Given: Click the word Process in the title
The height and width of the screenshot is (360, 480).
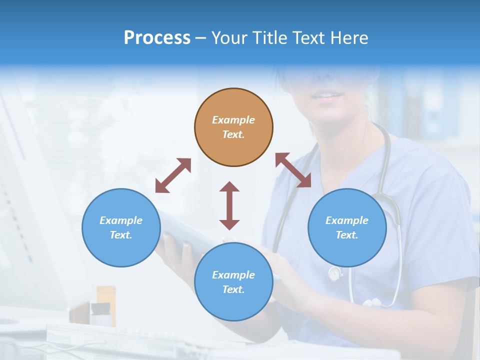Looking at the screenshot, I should click(x=157, y=38).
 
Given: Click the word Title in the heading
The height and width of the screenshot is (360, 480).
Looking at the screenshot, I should click(x=270, y=38).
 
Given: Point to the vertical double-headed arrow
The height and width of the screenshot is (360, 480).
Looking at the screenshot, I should click(x=229, y=205).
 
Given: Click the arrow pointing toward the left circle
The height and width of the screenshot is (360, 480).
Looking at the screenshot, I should click(x=173, y=175).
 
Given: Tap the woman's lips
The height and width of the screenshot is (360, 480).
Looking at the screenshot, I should click(x=327, y=95).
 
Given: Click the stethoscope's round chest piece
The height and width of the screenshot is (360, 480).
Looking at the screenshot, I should click(x=334, y=274).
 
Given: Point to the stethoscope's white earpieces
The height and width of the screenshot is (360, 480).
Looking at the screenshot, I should click(x=372, y=302).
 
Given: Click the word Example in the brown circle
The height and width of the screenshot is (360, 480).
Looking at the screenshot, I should click(x=233, y=120).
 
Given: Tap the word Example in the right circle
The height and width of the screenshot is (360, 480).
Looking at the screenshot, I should click(x=347, y=220).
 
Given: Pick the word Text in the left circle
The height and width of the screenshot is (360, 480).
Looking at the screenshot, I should click(x=120, y=235).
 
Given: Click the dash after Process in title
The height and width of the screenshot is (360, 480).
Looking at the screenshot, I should click(x=200, y=38).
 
